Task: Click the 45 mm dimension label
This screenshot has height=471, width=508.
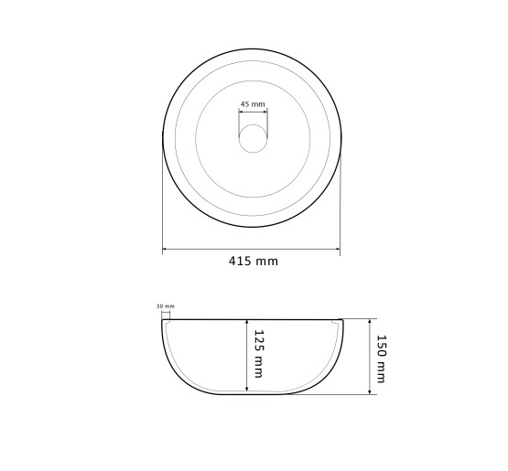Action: (253, 104)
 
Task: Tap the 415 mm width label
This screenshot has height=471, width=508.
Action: (254, 261)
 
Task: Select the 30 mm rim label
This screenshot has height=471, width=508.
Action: (166, 305)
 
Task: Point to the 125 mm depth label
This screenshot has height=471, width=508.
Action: (258, 354)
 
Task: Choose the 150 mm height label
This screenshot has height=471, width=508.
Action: (382, 359)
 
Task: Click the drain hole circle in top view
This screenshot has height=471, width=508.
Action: (253, 138)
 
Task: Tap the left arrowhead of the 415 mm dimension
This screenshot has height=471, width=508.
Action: (165, 249)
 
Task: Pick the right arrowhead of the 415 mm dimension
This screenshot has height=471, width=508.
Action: (338, 249)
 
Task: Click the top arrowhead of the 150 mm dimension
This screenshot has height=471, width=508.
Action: (370, 321)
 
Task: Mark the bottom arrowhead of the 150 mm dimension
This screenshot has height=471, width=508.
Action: (370, 391)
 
